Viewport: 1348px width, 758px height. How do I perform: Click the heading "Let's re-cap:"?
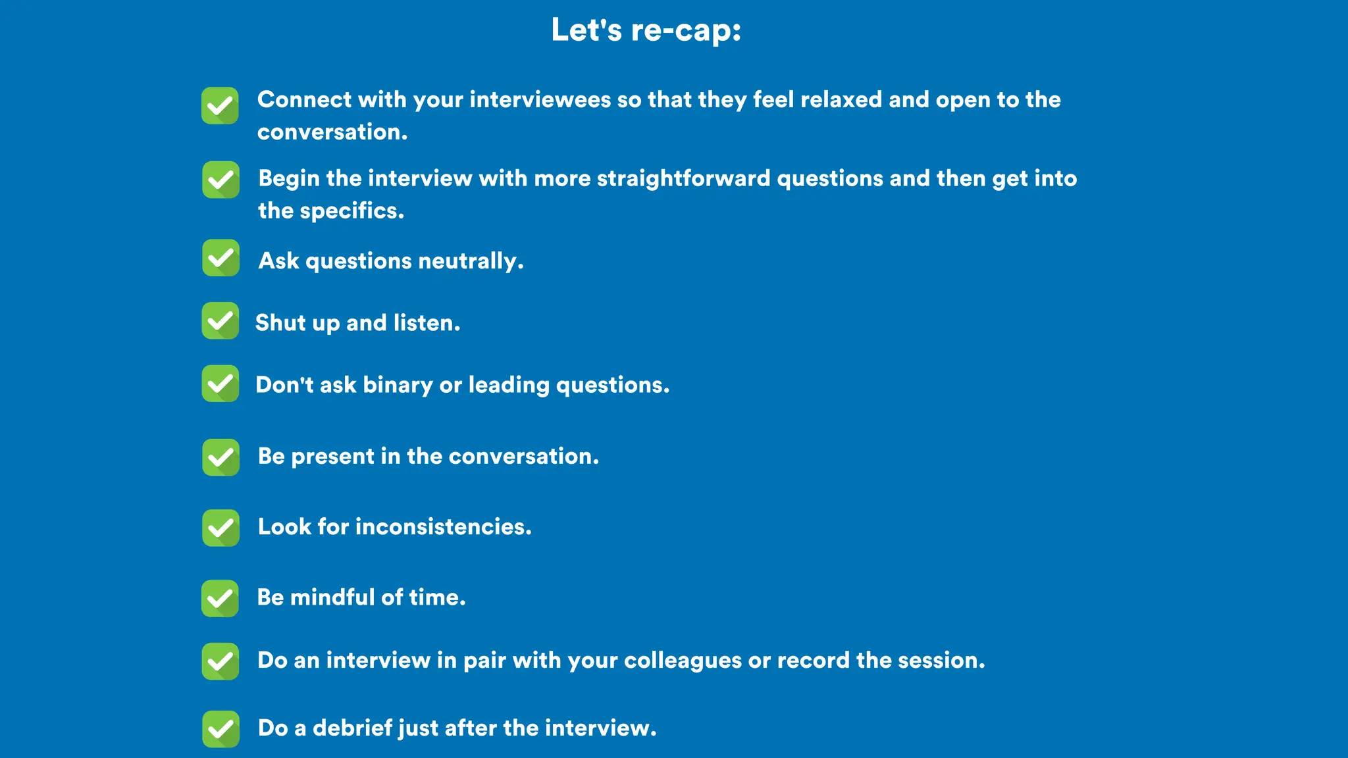click(x=646, y=30)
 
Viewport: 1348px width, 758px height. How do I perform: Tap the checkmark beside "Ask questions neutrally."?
click(x=220, y=258)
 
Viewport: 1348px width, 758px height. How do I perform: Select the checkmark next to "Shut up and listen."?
click(x=220, y=321)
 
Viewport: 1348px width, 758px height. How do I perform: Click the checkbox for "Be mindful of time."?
click(x=220, y=598)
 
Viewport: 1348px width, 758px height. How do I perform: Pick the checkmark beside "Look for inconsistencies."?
click(x=220, y=528)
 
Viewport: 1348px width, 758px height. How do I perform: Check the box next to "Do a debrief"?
click(x=220, y=729)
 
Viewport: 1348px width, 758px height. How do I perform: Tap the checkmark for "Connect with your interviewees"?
click(x=220, y=105)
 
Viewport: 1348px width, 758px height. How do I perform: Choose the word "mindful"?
click(x=332, y=597)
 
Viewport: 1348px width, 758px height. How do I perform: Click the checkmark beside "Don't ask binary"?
click(x=220, y=384)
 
